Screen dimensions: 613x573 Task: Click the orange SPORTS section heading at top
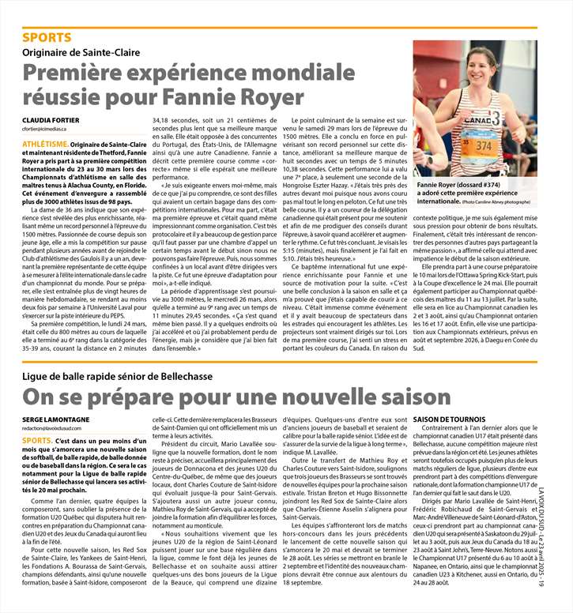(46, 37)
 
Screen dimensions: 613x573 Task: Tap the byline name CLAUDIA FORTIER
(49, 119)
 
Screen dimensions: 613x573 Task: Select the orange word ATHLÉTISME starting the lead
(44, 145)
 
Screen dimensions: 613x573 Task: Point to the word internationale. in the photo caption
(442, 202)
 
